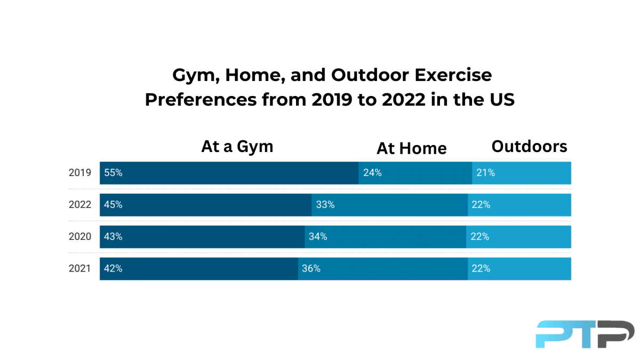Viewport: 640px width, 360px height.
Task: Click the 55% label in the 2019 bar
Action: coord(113,173)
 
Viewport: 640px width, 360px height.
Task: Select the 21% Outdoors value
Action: coord(485,173)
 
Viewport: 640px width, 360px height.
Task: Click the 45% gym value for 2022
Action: coord(113,205)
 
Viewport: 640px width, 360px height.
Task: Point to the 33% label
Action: coord(325,205)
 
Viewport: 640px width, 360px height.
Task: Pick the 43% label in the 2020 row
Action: coord(113,237)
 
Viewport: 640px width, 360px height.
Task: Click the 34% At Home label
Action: coord(318,237)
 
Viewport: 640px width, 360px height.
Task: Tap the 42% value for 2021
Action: coord(113,269)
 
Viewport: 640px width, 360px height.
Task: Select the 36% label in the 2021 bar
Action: coord(311,269)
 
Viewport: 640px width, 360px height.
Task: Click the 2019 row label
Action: coord(80,173)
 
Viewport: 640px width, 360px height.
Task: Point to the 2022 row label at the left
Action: coord(80,205)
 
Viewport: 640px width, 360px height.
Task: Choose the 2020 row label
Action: coord(80,237)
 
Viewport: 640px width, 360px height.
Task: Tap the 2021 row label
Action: coord(80,269)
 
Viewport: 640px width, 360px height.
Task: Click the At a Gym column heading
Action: coord(237,147)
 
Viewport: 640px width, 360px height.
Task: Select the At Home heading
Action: coord(411,148)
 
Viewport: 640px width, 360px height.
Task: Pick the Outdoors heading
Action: coord(529,147)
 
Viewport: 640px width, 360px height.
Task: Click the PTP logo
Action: coord(585,334)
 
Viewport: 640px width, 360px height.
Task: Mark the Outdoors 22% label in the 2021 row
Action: coord(481,269)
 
